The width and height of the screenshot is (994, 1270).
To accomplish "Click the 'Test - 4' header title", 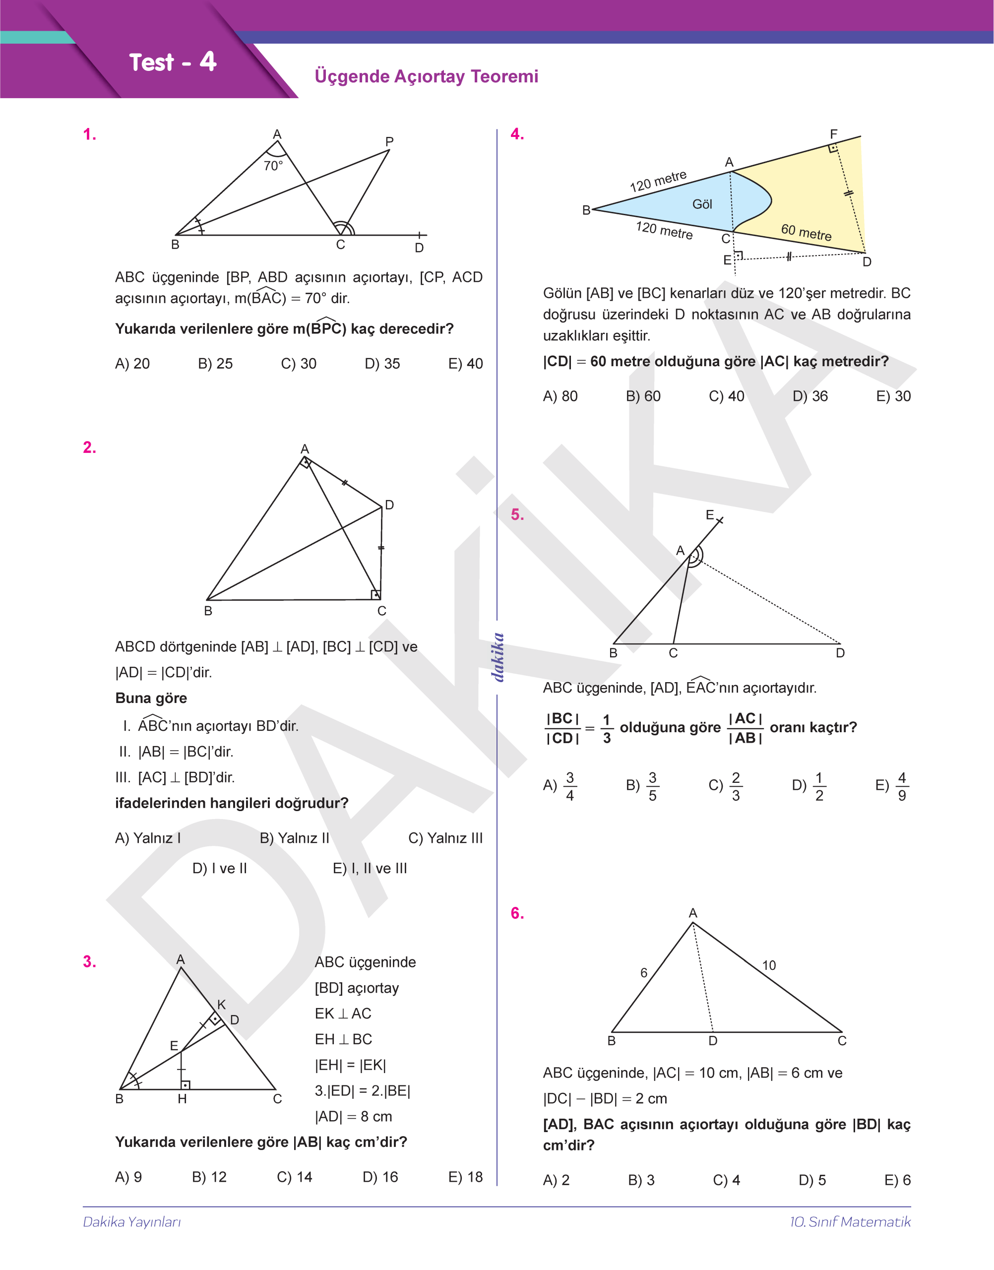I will [x=172, y=63].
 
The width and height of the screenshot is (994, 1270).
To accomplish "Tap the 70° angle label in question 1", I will [x=273, y=166].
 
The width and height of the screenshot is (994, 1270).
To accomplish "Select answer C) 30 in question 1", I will [x=299, y=364].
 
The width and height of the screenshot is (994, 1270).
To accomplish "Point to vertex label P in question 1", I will [x=389, y=141].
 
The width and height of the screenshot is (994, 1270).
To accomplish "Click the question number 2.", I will [x=90, y=447].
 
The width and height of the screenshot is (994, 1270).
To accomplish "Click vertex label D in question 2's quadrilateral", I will [x=389, y=505].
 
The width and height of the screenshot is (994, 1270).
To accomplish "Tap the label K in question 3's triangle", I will [x=221, y=1005].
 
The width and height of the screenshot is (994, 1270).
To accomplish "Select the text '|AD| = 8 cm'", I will [x=353, y=1116].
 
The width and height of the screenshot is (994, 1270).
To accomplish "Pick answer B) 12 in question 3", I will [x=209, y=1177].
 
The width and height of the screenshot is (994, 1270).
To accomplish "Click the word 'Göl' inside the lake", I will [x=702, y=204].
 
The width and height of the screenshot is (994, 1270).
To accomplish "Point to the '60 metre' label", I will [x=806, y=232].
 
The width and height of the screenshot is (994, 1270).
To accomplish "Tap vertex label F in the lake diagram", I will [x=833, y=134].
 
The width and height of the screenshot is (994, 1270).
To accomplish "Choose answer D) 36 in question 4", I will [x=810, y=396].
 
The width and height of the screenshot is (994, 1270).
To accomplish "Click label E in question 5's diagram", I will [x=709, y=515].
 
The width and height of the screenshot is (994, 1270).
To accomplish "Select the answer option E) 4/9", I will [x=891, y=786].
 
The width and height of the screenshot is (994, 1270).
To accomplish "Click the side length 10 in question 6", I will [x=769, y=965].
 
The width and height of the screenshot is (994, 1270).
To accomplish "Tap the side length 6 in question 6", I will [x=644, y=972].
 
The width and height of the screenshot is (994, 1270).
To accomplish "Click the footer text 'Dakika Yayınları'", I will [x=132, y=1222].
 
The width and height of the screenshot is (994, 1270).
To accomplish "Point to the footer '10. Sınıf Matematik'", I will [x=850, y=1222].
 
